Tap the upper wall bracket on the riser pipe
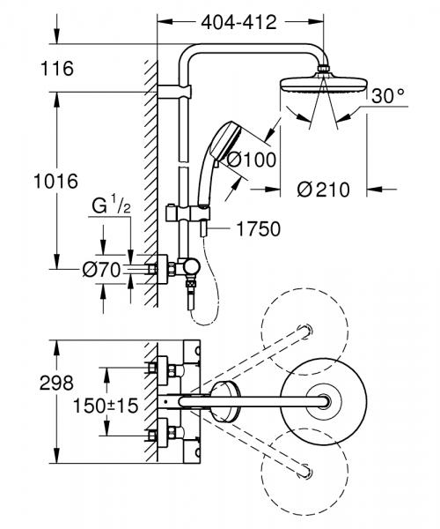[x=174, y=90]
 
